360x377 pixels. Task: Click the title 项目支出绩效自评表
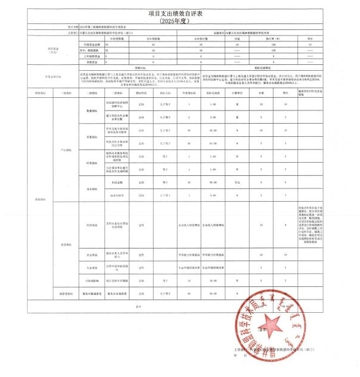[180, 13]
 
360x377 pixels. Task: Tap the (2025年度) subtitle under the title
[180, 20]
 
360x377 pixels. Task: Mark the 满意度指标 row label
[61, 294]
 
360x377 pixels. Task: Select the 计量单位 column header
[237, 93]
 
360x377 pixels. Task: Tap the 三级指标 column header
[115, 93]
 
